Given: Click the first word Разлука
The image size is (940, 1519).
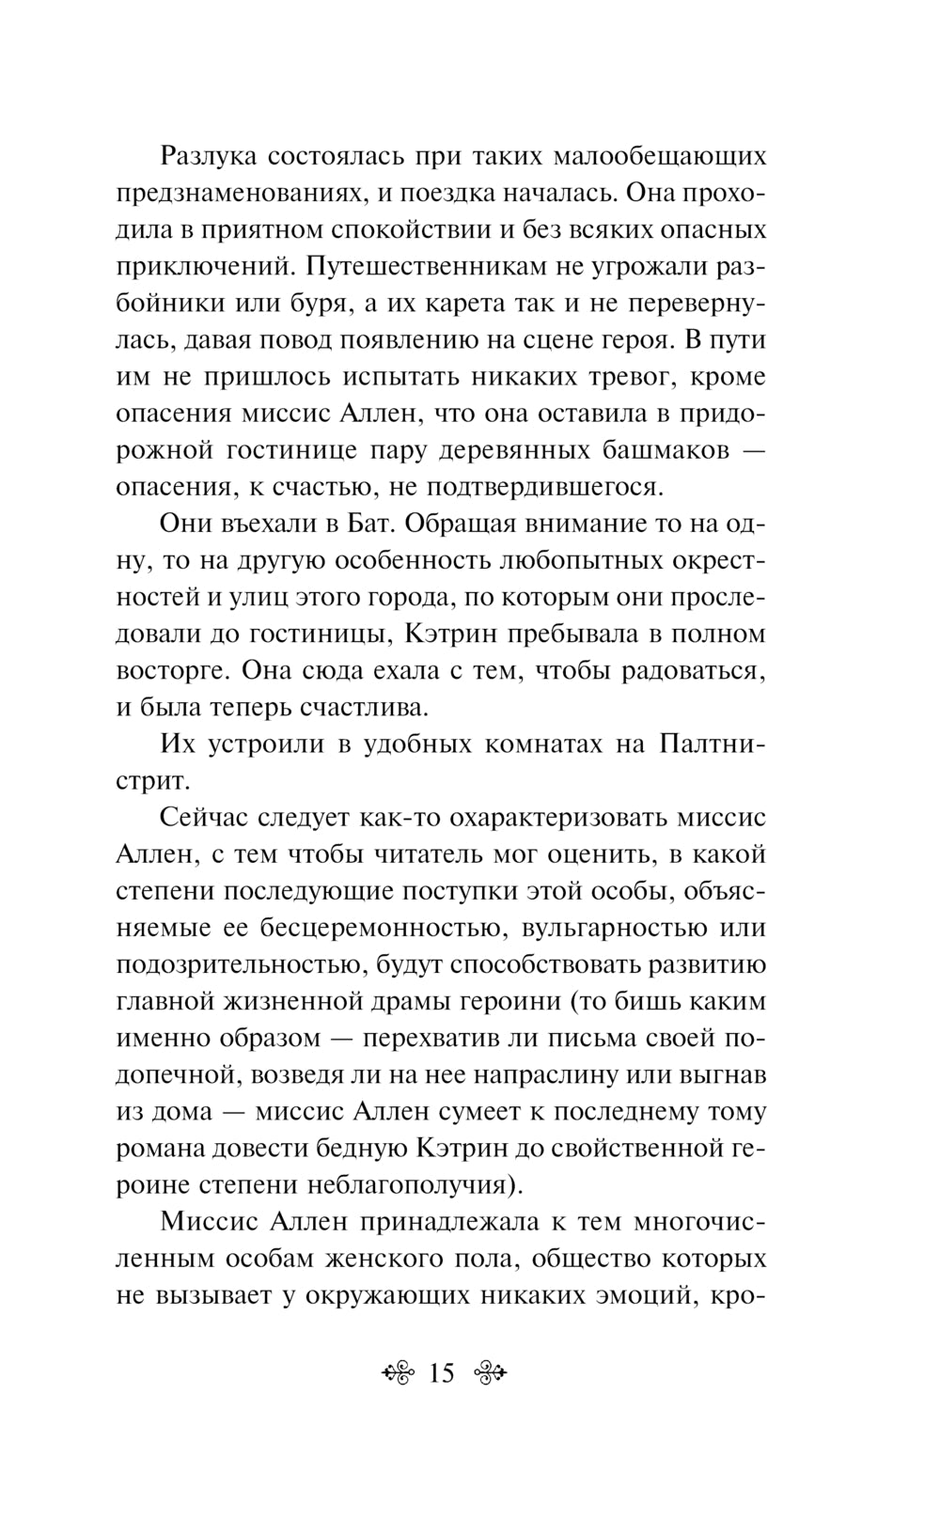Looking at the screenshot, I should click(208, 155).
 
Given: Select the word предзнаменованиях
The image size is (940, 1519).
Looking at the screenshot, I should click(243, 193).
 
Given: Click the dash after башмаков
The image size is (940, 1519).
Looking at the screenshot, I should click(750, 450).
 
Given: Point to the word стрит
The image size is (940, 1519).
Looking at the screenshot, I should click(150, 781).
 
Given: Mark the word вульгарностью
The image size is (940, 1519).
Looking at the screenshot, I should click(619, 929).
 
